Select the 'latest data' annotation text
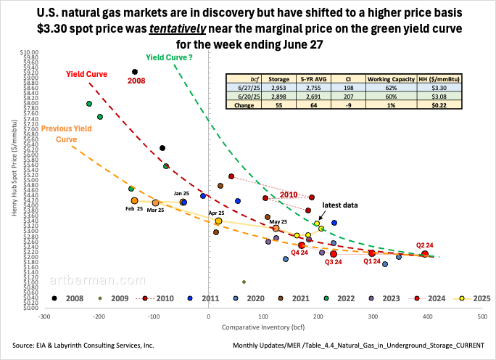tap(342, 205)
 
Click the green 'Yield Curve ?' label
tap(168, 57)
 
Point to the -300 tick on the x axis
tap(44, 316)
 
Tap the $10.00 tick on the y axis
tap(28, 53)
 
